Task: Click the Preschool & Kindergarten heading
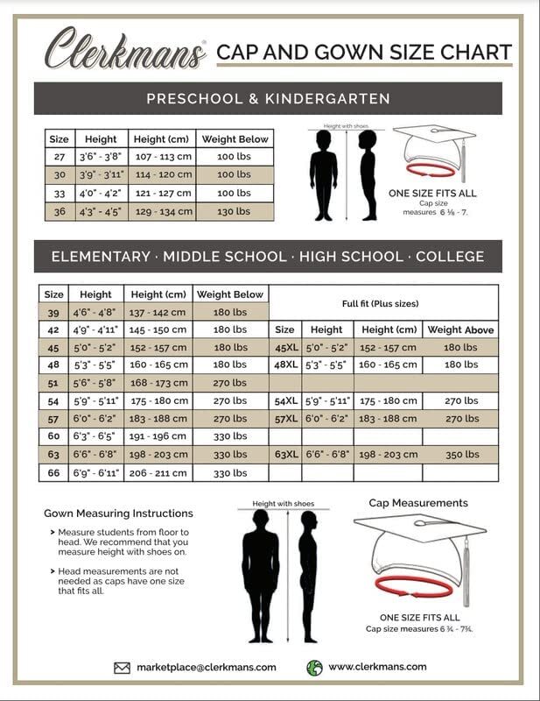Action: [x=268, y=99]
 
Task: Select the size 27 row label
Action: [x=59, y=157]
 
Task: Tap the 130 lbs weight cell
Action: [x=233, y=211]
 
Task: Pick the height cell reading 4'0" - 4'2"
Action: [x=100, y=193]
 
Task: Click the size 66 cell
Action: [x=53, y=473]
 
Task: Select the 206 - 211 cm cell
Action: [x=158, y=473]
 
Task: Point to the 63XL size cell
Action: [x=284, y=455]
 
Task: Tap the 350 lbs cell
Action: [x=460, y=455]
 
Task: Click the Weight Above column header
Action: [x=460, y=330]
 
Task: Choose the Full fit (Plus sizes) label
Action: [x=380, y=303]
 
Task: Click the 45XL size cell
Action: [x=284, y=347]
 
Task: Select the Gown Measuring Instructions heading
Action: [x=118, y=513]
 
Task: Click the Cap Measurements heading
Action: [x=418, y=503]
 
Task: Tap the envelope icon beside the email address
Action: [x=123, y=668]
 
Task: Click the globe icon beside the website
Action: [x=315, y=668]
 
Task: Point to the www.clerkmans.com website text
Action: [x=377, y=667]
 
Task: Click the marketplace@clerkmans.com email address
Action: [x=207, y=668]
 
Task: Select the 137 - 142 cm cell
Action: [x=158, y=312]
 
